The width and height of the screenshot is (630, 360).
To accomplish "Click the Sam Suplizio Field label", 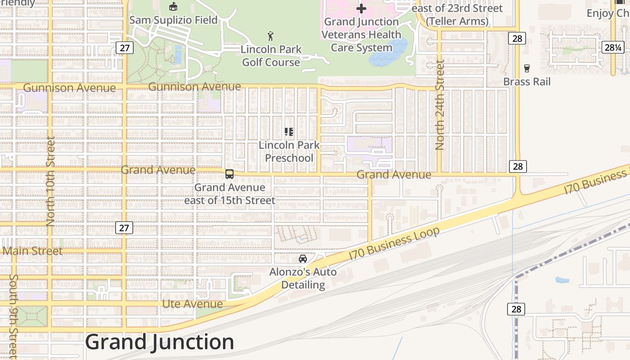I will click(x=173, y=20).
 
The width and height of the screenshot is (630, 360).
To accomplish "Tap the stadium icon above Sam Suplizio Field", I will click(x=173, y=6).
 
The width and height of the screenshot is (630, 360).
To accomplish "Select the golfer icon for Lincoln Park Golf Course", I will click(x=270, y=36).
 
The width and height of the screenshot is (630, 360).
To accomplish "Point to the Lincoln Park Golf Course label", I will click(x=271, y=56).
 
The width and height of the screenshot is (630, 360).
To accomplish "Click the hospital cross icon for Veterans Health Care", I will click(x=361, y=9).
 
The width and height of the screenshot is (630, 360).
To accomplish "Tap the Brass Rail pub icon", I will click(x=526, y=68).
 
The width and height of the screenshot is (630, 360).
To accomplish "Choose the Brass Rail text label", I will click(x=526, y=82).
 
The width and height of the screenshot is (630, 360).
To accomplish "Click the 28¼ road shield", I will click(x=613, y=47).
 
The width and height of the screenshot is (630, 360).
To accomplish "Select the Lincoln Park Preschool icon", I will click(x=289, y=132).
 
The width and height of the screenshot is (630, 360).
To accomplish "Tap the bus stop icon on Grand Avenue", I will click(x=229, y=174).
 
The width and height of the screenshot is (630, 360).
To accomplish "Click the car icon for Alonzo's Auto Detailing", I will click(x=303, y=259).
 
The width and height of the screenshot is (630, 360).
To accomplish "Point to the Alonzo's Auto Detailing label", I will click(x=303, y=279).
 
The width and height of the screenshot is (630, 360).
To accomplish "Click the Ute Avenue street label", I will click(x=192, y=304).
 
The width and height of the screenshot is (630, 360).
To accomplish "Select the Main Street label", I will click(x=33, y=251).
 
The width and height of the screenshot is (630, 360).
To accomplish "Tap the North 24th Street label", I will click(x=440, y=105).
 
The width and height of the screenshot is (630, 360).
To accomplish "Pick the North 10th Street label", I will click(x=50, y=181).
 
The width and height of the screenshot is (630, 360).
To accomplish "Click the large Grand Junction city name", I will click(x=160, y=342).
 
